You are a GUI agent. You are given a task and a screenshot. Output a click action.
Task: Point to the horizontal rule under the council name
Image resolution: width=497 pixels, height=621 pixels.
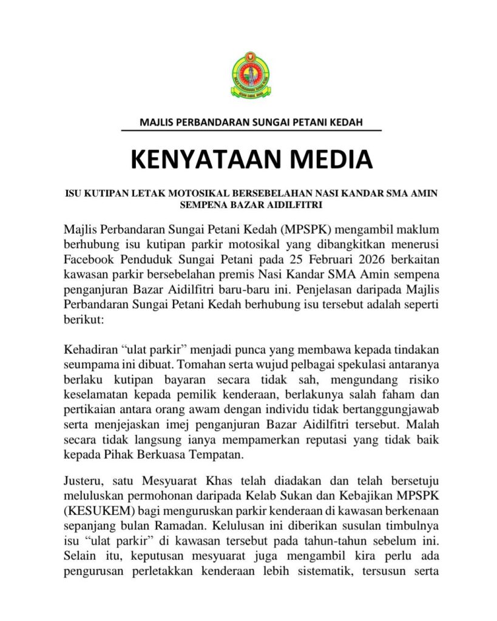[251, 130]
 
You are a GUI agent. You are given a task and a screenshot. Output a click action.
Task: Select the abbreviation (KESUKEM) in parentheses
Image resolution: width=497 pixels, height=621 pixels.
[97, 511]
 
